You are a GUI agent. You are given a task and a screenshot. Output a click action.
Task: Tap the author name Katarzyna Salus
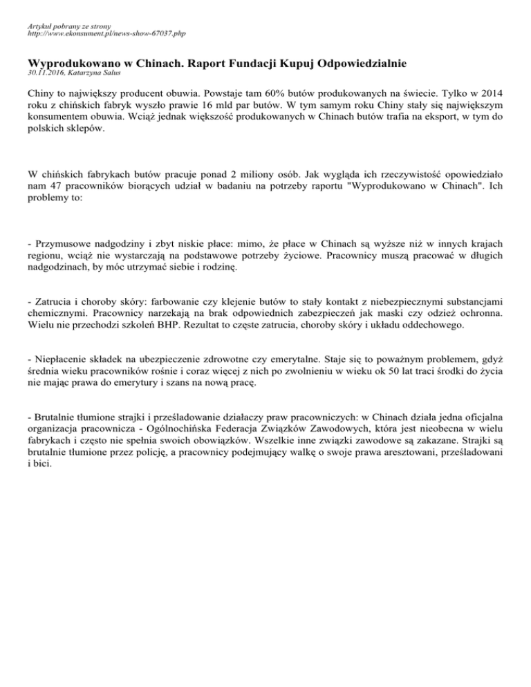(x=100, y=72)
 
